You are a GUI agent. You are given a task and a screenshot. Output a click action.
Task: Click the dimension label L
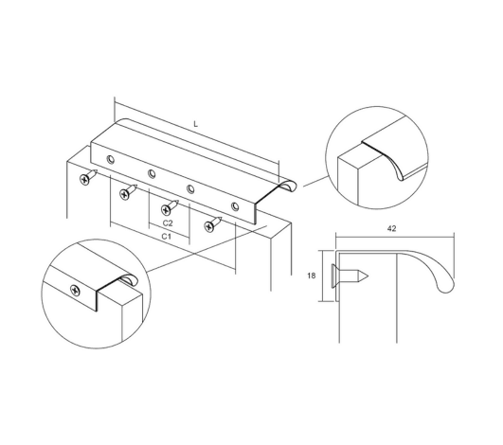click(x=196, y=124)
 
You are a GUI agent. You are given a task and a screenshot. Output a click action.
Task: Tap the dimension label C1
click(x=166, y=237)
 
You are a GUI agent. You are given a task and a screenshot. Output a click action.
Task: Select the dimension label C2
click(x=168, y=223)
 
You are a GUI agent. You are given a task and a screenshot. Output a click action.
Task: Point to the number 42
click(x=391, y=228)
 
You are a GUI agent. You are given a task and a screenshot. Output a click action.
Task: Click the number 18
click(x=311, y=276)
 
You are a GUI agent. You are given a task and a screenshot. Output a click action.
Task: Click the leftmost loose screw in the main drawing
click(x=88, y=177)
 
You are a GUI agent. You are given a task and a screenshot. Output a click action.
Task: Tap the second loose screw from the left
click(x=128, y=191)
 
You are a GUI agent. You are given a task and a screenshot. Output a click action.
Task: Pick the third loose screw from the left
click(x=170, y=207)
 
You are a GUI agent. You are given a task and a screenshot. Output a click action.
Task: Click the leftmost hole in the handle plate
click(x=111, y=159)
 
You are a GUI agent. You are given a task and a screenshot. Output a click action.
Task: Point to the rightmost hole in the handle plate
click(x=236, y=205)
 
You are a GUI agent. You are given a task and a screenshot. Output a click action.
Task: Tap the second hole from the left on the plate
click(x=152, y=174)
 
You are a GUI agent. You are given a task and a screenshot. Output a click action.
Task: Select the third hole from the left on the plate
click(x=190, y=188)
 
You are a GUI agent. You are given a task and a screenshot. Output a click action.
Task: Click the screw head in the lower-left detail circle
click(x=76, y=291)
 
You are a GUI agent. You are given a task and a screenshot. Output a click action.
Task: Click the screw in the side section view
click(x=350, y=276)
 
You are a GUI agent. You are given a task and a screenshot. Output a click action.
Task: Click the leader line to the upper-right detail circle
click(x=315, y=181)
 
